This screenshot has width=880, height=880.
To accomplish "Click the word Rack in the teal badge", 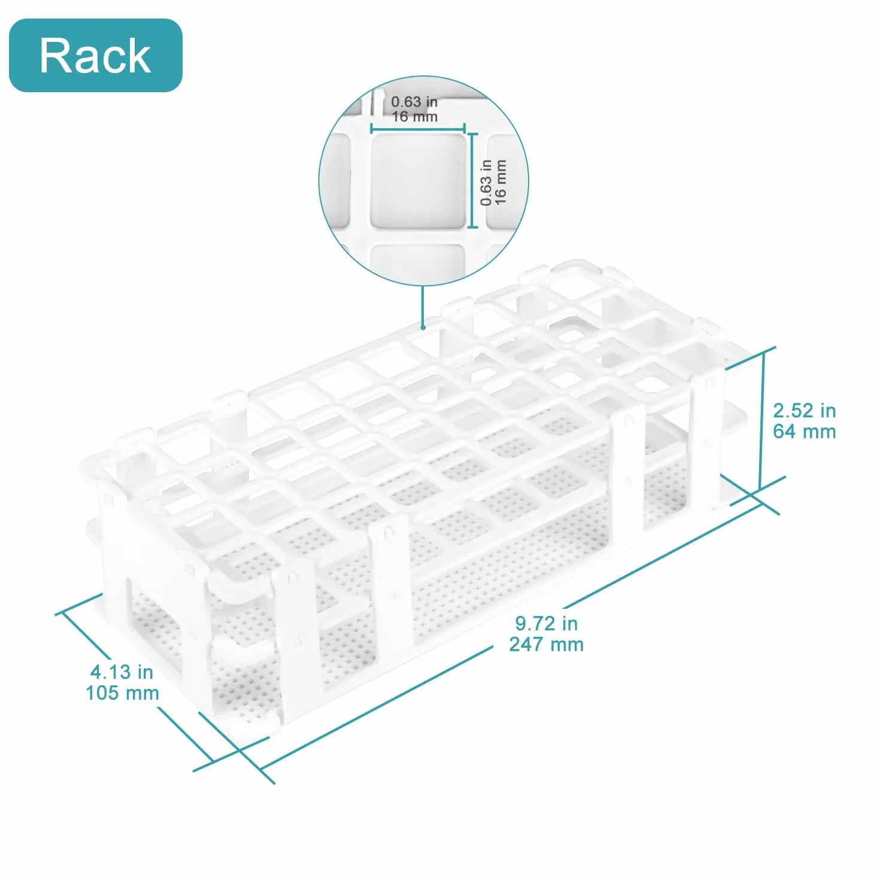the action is point(95,55).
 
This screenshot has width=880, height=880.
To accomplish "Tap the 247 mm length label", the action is point(546,644).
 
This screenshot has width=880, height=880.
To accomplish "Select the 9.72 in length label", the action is point(546,623).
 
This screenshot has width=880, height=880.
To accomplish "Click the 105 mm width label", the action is point(122,693).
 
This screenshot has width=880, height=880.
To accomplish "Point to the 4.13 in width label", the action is point(122,672).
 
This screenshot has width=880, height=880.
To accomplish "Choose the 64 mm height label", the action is point(804,432).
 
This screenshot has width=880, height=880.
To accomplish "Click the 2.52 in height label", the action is point(804,411).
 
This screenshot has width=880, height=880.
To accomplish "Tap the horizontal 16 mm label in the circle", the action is point(415,117).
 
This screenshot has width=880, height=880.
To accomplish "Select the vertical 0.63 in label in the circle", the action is point(486,183).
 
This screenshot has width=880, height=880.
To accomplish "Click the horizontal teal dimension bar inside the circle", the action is point(417,129).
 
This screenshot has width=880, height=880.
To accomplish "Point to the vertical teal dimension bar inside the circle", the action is point(473,181).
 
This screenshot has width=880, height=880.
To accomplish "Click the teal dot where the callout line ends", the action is point(423,327).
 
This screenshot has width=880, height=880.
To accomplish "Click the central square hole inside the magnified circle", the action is point(417,181).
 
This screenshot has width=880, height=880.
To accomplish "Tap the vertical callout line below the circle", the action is point(423,306).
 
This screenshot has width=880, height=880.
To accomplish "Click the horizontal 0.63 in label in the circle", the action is point(414,101).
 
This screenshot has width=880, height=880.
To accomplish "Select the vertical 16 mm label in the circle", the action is point(500,183).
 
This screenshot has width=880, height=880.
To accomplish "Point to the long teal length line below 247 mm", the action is point(375,706).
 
